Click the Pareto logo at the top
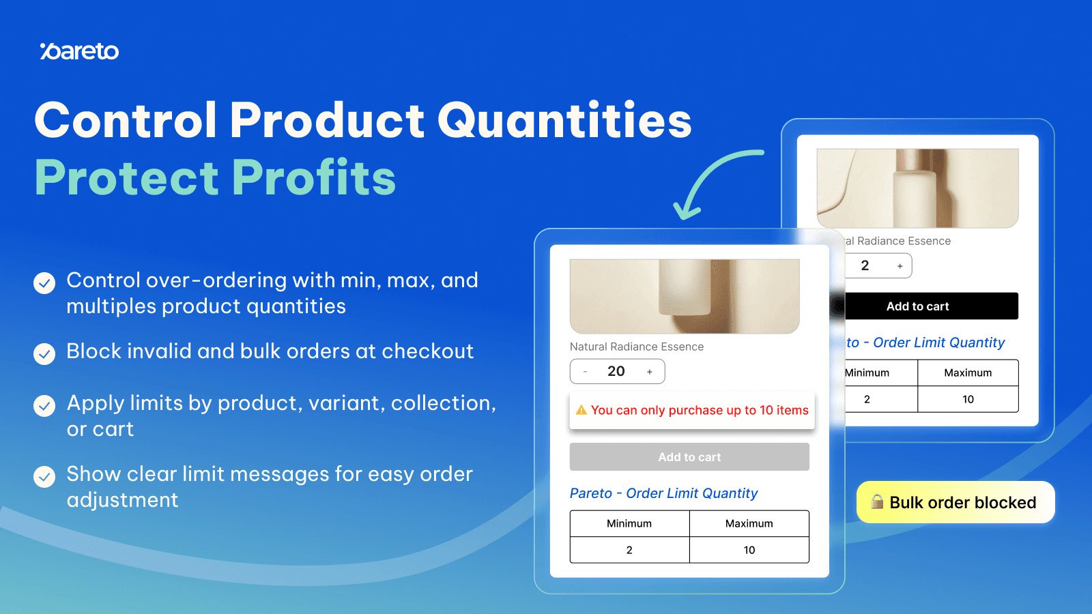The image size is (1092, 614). coord(79,51)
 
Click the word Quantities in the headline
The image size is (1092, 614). coord(564,121)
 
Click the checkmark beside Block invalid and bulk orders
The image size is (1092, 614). coord(44,353)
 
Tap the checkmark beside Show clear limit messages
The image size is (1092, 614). coord(44,476)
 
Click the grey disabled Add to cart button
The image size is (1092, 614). coord(689,457)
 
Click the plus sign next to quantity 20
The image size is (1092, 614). coord(650,372)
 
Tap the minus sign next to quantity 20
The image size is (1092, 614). coord(585,372)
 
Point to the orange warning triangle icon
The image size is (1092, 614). coord(581,410)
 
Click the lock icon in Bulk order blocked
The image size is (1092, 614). coord(877,502)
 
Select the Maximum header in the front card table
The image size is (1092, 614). coord(749,523)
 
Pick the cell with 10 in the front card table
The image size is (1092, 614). coord(749,550)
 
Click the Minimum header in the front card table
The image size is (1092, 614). coord(629,523)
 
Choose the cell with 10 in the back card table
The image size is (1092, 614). coord(968,399)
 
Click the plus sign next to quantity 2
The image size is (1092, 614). coord(900,266)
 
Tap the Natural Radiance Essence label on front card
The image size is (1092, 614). coord(636,347)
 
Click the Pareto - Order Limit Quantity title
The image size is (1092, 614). coord(663,493)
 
